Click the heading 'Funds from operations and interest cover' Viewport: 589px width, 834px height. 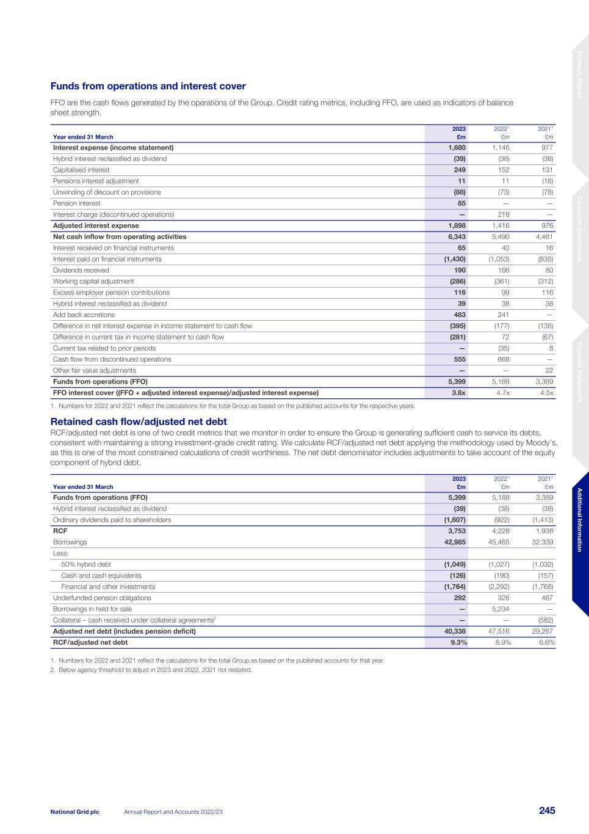pyautogui.click(x=148, y=86)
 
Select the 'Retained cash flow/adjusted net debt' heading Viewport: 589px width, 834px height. pyautogui.click(x=139, y=422)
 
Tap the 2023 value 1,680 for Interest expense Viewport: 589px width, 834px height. pyautogui.click(x=457, y=148)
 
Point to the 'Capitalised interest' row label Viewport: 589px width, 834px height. pyautogui.click(x=81, y=170)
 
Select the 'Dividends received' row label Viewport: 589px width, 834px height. pyautogui.click(x=81, y=270)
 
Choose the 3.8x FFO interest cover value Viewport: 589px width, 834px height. pyautogui.click(x=458, y=393)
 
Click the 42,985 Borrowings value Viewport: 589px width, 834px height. pyautogui.click(x=454, y=542)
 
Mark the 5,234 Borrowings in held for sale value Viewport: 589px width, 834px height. pyautogui.click(x=500, y=609)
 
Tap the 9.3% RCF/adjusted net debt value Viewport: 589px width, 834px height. pyautogui.click(x=457, y=643)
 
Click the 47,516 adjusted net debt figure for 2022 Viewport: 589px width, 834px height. pyautogui.click(x=499, y=631)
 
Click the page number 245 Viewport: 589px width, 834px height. pyautogui.click(x=547, y=811)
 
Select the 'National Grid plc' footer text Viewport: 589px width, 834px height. pyautogui.click(x=74, y=811)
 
